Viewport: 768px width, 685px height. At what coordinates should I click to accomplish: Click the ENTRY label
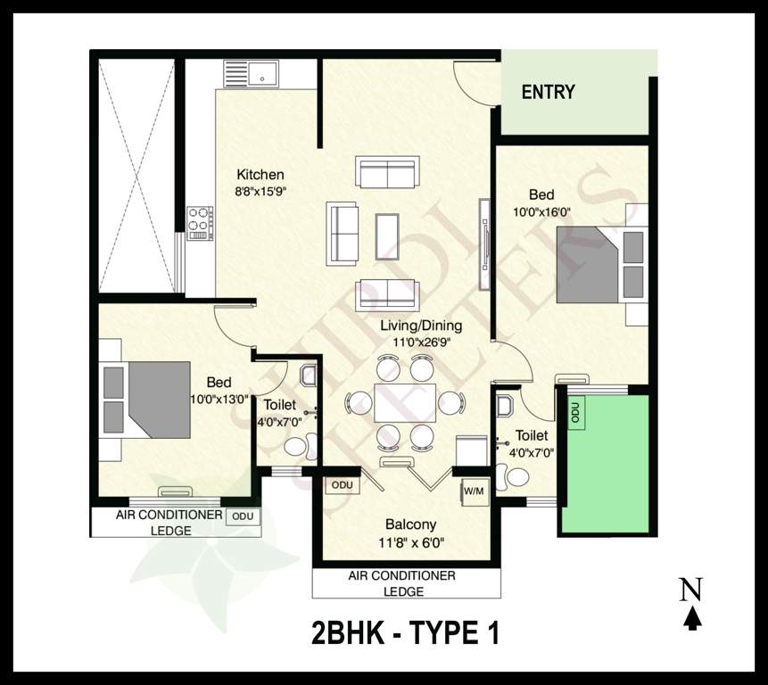pyautogui.click(x=548, y=92)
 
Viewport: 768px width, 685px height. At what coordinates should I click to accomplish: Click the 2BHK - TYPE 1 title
pyautogui.click(x=404, y=633)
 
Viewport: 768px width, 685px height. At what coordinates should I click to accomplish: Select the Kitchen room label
pyautogui.click(x=260, y=175)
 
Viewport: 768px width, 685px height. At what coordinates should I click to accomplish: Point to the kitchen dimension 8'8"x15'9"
pyautogui.click(x=260, y=191)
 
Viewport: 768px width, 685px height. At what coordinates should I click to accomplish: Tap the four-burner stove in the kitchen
pyautogui.click(x=199, y=223)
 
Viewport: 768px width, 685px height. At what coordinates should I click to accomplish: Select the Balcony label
pyautogui.click(x=410, y=524)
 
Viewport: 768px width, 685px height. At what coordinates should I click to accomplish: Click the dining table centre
pyautogui.click(x=405, y=402)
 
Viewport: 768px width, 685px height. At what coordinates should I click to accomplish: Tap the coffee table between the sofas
pyautogui.click(x=387, y=235)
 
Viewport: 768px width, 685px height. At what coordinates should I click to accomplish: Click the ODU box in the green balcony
pyautogui.click(x=575, y=413)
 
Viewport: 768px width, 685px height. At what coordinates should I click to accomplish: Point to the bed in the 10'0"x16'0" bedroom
pyautogui.click(x=590, y=265)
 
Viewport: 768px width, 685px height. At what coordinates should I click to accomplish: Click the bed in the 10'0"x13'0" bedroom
pyautogui.click(x=156, y=400)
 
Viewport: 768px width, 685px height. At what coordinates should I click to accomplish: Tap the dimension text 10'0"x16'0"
pyautogui.click(x=541, y=212)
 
